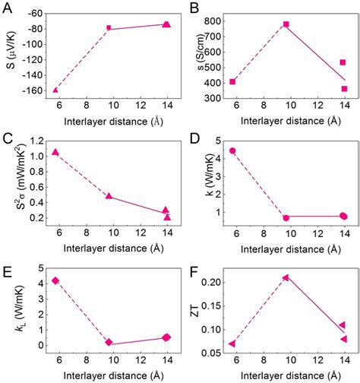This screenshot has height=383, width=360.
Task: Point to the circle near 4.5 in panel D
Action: (232, 150)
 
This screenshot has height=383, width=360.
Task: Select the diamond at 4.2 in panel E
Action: (55, 280)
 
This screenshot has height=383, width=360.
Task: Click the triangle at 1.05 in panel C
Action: (55, 152)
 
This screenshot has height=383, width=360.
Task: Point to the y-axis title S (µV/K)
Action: (10, 54)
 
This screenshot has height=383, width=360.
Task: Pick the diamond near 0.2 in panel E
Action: (109, 343)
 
